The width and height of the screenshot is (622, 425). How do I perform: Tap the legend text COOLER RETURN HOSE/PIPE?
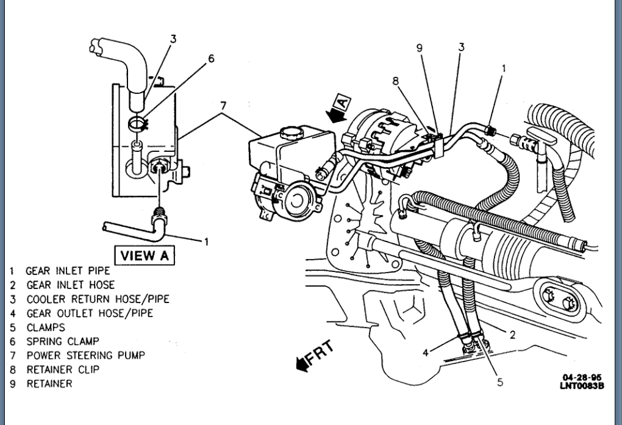point(98,299)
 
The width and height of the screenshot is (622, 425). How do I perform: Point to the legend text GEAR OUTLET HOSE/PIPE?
point(89,313)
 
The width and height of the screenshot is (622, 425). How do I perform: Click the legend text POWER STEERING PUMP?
point(85,355)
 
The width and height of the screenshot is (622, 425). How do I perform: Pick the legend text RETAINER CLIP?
point(62,370)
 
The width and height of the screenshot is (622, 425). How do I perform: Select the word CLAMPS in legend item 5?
point(45,327)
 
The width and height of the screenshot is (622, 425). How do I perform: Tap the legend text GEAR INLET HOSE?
point(70,284)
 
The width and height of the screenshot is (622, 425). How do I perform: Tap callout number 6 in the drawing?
point(211,59)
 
